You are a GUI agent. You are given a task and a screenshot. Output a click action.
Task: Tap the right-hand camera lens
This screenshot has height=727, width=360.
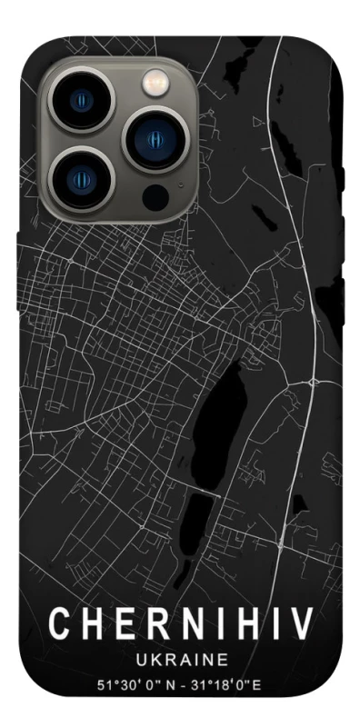pos(154,139)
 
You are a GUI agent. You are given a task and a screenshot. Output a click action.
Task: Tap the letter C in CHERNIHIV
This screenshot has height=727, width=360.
pos(57,624)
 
